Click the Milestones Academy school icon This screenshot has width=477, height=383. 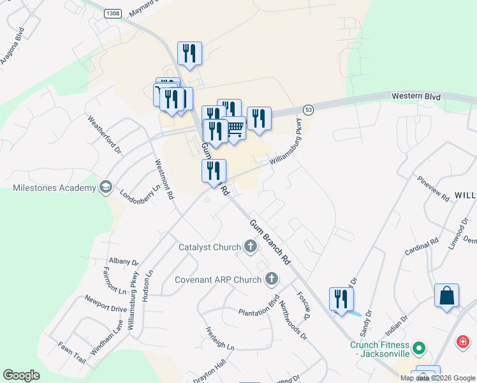pyautogui.click(x=105, y=188)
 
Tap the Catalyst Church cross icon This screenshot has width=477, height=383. pyautogui.click(x=251, y=246)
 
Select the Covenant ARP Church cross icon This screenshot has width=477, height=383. pyautogui.click(x=272, y=279)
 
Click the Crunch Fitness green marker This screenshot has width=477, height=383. pyautogui.click(x=419, y=349)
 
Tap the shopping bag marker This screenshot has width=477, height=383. pyautogui.click(x=446, y=296)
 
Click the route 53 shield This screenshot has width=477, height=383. pyautogui.click(x=309, y=110)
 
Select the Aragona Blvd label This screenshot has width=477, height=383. pyautogui.click(x=13, y=47)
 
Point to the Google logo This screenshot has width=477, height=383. pyautogui.click(x=21, y=375)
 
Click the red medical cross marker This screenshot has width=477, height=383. pyautogui.click(x=462, y=343)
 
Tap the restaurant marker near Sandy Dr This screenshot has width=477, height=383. pyautogui.click(x=341, y=299)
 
